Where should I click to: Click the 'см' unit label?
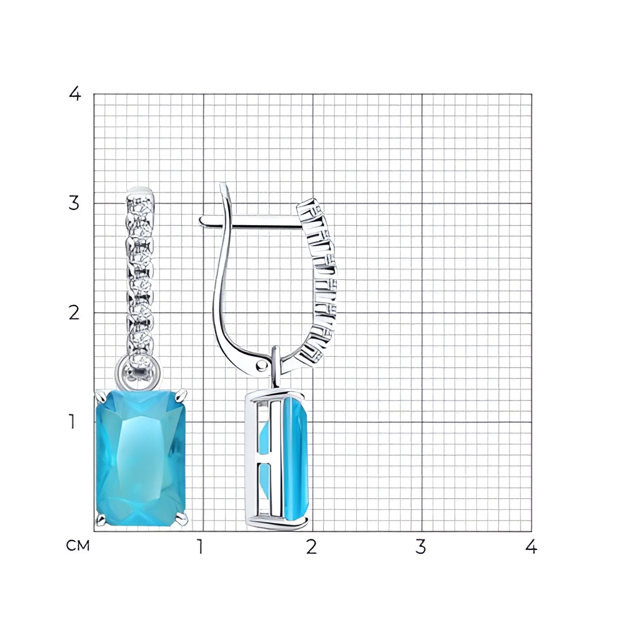(x=77, y=546)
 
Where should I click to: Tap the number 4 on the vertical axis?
(x=75, y=94)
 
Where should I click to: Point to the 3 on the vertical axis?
(x=74, y=203)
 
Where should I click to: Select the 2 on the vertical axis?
(x=74, y=313)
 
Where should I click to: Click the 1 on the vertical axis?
(x=72, y=421)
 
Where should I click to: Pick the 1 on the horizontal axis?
(x=200, y=546)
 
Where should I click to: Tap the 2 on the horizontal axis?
(x=312, y=546)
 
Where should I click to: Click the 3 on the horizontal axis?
(x=421, y=546)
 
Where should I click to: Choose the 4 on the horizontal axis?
(x=531, y=546)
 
